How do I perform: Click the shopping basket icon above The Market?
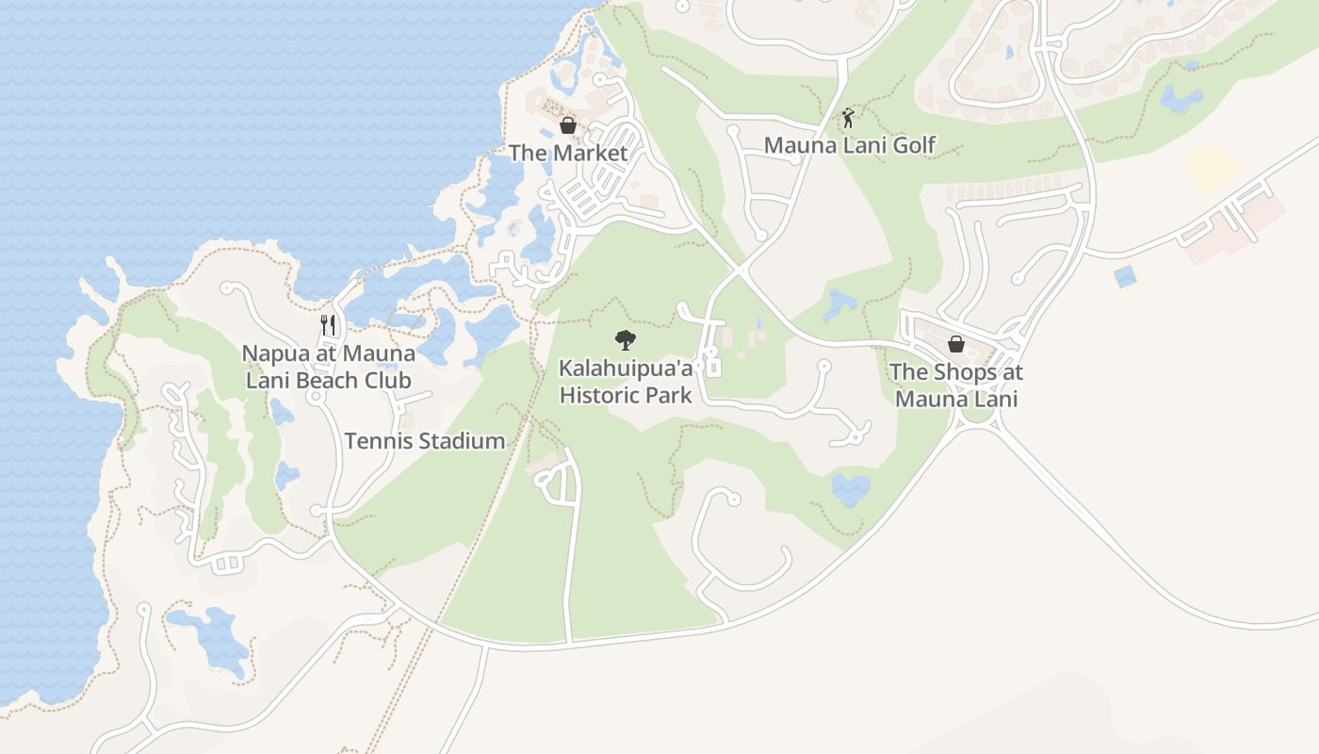coord(568,125)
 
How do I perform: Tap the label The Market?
coord(568,153)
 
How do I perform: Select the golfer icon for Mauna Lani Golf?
coord(848,118)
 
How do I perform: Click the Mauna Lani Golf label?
coord(849,145)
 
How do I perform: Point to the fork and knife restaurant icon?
coord(328,325)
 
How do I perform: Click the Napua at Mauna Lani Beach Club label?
coord(328,367)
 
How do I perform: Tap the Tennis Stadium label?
coord(424,440)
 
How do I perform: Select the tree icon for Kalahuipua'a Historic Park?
coord(625,340)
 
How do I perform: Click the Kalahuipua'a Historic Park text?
coord(626,381)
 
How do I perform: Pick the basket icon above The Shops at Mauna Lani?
coord(956,344)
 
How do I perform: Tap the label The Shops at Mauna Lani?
coord(956,385)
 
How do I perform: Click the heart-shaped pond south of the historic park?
coord(851,489)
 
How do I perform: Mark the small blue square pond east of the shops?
coord(1124,276)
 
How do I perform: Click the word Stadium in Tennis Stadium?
coord(462,440)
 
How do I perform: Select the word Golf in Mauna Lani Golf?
coord(913,145)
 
